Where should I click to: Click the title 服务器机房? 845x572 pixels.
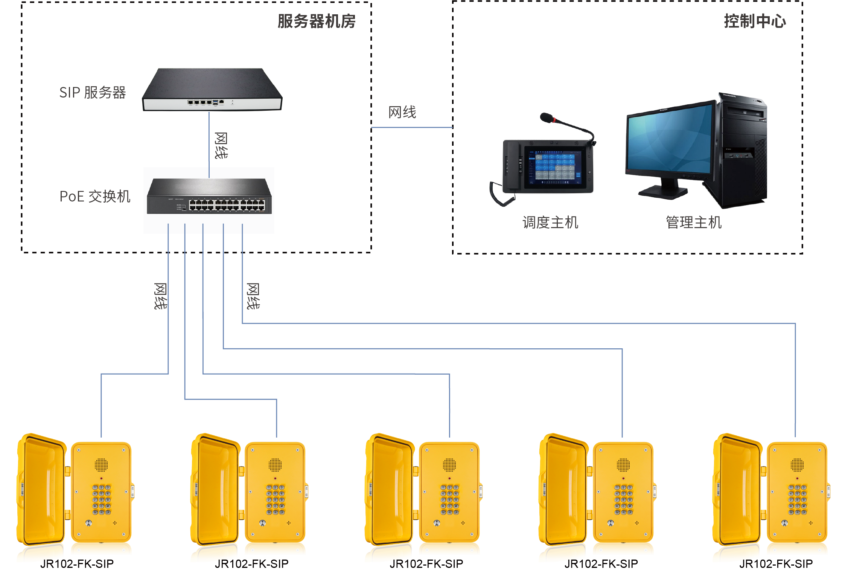tap(317, 21)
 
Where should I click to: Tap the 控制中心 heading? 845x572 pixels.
tap(755, 21)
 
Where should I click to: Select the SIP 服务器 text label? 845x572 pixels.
tap(93, 93)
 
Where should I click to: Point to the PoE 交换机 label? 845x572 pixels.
tap(95, 197)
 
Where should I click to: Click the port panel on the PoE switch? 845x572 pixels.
tap(227, 205)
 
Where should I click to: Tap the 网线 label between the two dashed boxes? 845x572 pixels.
tap(402, 112)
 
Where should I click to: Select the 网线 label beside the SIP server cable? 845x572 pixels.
tap(221, 145)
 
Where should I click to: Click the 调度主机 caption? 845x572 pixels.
tap(550, 223)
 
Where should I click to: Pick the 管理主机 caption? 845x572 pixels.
tap(694, 223)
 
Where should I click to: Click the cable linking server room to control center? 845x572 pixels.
tap(412, 128)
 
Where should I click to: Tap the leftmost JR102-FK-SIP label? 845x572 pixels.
tap(77, 564)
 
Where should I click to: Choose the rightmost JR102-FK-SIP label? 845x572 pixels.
tap(776, 564)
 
